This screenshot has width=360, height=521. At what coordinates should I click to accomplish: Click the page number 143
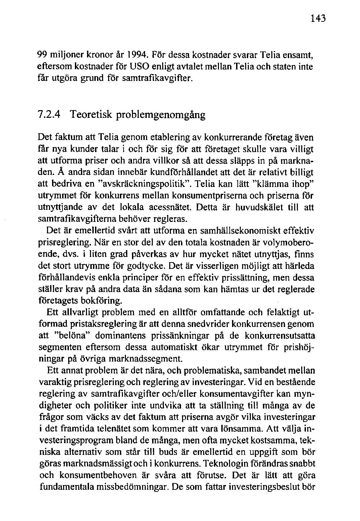(x=318, y=18)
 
